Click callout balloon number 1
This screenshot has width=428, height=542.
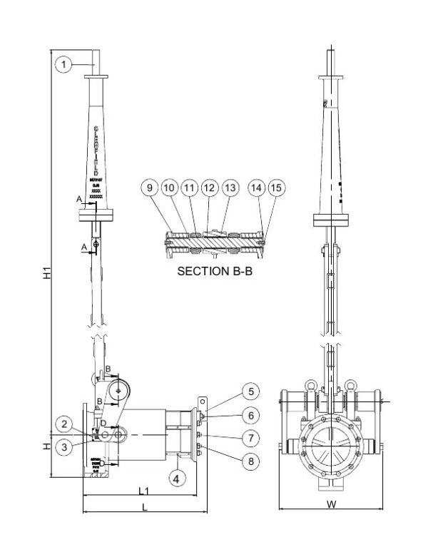pos(64,65)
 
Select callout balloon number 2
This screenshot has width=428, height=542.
pos(64,426)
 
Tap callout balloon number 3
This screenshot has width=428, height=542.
pos(64,446)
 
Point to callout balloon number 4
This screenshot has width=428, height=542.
pos(176,479)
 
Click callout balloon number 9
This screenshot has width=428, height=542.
pos(148,190)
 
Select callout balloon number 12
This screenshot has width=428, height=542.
pos(208,190)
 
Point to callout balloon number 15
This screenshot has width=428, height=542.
pos(276,190)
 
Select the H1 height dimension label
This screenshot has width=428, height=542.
pos(43,273)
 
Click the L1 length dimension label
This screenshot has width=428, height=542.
pos(143,492)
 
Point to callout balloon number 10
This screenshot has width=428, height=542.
pos(168,190)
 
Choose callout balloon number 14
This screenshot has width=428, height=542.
pos(256,190)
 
